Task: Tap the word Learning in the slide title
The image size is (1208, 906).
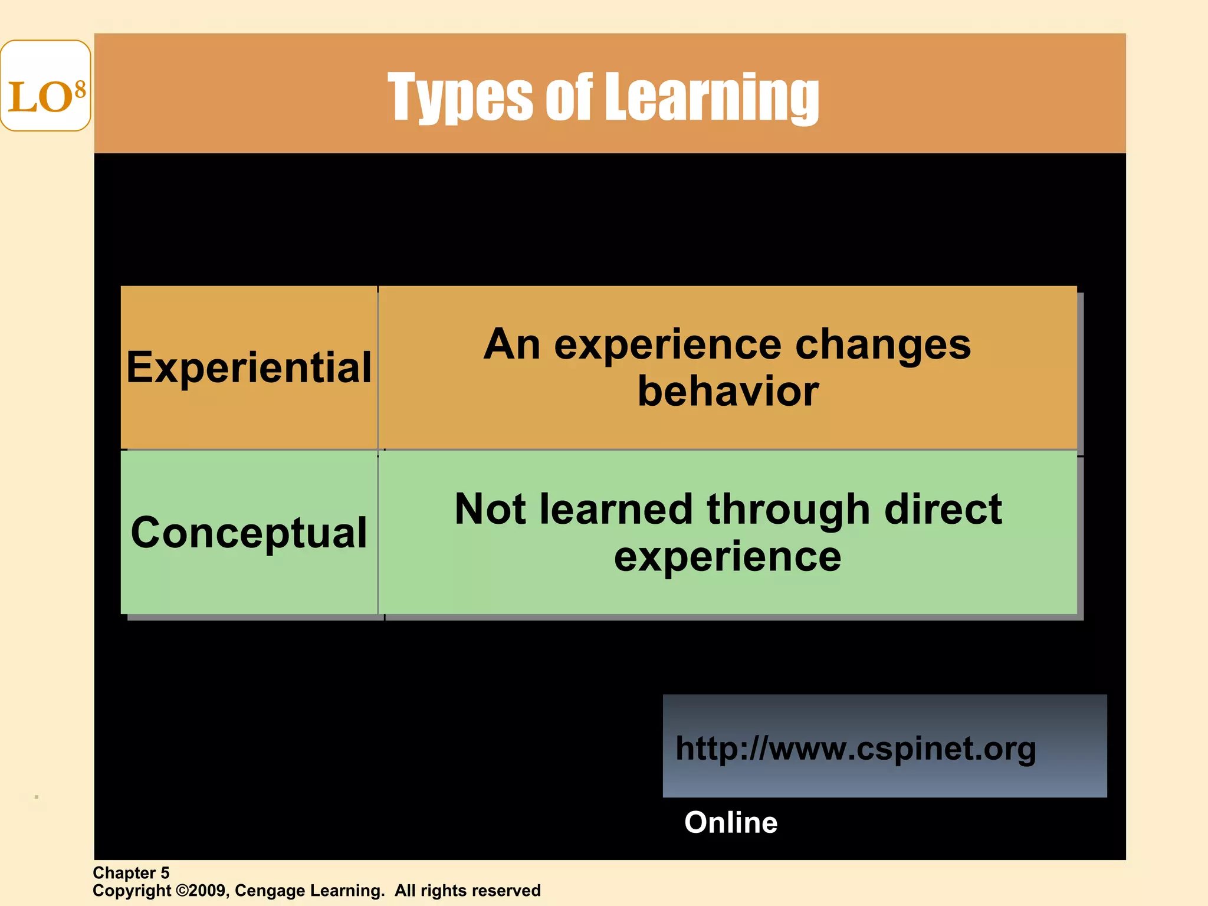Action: tap(712, 97)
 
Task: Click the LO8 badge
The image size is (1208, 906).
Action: tap(45, 86)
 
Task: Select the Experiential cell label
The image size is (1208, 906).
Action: tap(249, 367)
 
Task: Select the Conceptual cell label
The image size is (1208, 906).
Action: tap(249, 533)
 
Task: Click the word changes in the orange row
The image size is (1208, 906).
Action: tap(882, 345)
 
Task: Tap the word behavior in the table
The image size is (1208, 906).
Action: tap(728, 392)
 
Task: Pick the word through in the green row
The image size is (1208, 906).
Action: tap(789, 510)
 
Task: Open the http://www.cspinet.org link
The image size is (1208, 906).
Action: tap(855, 749)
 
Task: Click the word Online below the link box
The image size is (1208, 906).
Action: tap(731, 822)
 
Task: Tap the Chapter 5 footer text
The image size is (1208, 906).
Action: tap(131, 873)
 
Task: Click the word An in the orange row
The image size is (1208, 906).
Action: tap(511, 344)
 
